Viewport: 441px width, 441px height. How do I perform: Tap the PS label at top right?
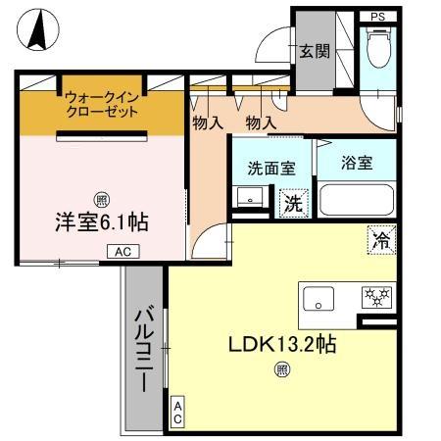[377, 18]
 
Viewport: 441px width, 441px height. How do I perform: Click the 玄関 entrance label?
[314, 51]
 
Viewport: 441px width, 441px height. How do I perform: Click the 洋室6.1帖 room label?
[101, 221]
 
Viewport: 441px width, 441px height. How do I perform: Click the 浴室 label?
[357, 163]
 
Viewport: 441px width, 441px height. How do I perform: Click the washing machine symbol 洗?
[292, 204]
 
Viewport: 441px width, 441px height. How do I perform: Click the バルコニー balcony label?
[145, 349]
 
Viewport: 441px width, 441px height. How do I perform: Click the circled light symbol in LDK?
[281, 369]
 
